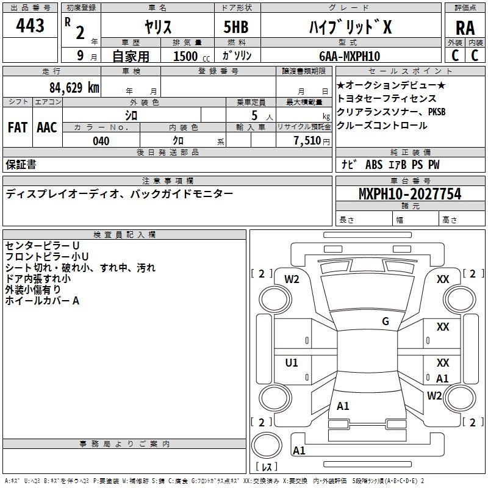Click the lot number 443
click(30, 26)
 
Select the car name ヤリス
click(158, 27)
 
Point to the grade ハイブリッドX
click(349, 27)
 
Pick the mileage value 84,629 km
click(74, 88)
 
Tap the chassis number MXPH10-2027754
click(410, 195)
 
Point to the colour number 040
click(101, 141)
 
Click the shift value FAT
click(17, 127)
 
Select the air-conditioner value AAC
click(46, 127)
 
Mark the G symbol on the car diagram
click(386, 321)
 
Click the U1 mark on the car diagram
click(292, 363)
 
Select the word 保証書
click(21, 165)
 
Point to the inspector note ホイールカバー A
click(43, 301)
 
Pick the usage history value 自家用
click(131, 57)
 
